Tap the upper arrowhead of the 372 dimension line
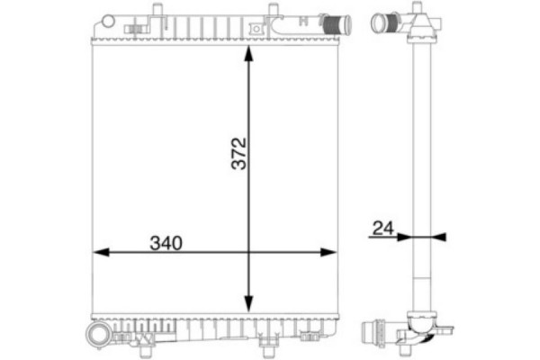point(249,52)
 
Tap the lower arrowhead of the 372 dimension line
point(249,306)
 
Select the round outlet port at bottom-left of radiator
point(96,336)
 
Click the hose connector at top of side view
point(389,21)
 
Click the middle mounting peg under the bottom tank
point(265,343)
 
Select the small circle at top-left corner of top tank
point(106,20)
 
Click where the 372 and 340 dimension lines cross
point(249,252)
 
